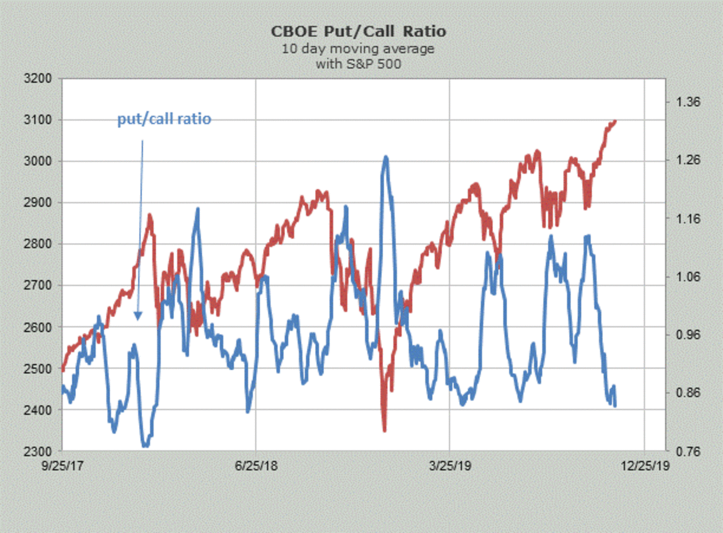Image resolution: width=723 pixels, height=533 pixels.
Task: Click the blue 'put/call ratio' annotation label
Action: (x=164, y=119)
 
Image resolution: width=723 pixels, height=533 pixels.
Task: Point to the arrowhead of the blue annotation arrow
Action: (x=138, y=317)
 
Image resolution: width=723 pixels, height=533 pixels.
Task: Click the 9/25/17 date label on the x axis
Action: (x=63, y=467)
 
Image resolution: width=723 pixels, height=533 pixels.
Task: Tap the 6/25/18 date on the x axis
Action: (x=256, y=467)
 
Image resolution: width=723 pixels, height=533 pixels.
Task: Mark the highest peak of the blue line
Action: (x=386, y=157)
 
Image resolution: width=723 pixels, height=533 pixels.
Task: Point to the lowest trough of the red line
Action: (x=384, y=430)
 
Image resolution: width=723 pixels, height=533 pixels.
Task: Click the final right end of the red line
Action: (x=615, y=121)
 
